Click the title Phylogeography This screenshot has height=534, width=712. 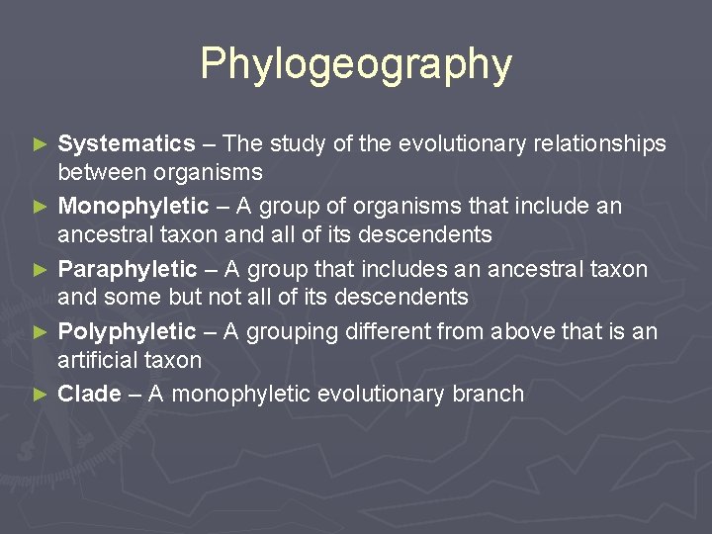(356, 64)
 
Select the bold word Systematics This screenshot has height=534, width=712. (127, 144)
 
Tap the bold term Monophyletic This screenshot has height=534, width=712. (133, 207)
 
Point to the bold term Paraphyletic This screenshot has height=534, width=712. (128, 269)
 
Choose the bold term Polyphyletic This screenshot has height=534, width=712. (128, 331)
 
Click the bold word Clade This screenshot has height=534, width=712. (89, 394)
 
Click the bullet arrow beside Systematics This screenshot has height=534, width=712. (41, 144)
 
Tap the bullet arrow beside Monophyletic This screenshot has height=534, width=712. (41, 207)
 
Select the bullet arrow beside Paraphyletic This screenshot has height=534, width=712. (41, 269)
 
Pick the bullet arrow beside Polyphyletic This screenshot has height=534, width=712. (41, 331)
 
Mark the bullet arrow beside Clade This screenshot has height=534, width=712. (41, 394)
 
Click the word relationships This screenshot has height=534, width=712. (600, 144)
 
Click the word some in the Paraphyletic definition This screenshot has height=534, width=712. (132, 297)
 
